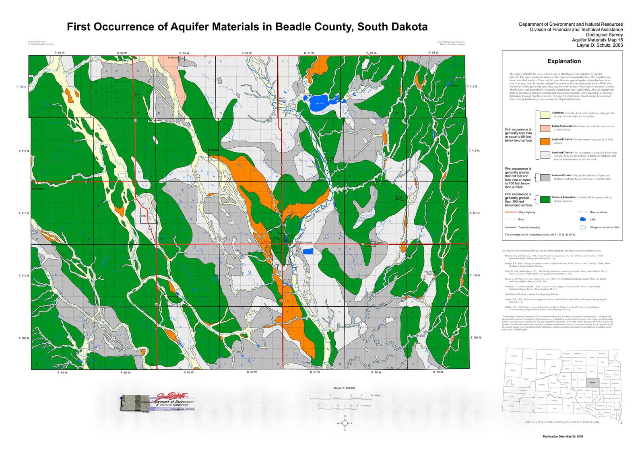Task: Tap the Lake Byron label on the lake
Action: coord(320,103)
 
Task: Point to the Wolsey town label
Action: coord(142,216)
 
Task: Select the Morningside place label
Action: coord(306,242)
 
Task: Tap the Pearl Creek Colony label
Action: coord(430,273)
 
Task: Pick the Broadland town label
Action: coord(213,150)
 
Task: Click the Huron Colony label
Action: coord(283,99)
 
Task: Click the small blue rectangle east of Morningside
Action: coord(308,251)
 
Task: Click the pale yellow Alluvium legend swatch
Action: coord(545,115)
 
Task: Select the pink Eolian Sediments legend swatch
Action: coord(545,128)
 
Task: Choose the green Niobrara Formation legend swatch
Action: coord(545,199)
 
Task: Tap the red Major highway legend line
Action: coord(510,212)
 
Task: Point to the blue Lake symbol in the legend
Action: coord(582,219)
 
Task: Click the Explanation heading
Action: coord(564,61)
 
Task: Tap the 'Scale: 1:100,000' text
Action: coord(345,388)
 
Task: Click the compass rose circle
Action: coord(345,423)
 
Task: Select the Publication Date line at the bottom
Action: coord(563,436)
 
